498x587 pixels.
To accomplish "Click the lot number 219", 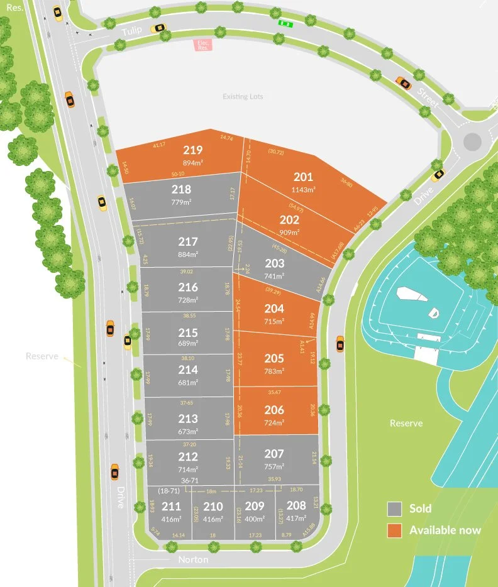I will coord(193,150).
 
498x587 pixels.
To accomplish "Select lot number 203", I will coord(275,263).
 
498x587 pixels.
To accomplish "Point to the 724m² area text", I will coord(274,422).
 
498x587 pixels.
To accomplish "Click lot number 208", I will coord(296,505).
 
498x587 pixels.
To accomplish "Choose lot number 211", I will coord(171,507).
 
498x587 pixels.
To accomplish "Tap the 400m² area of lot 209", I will coord(255,520).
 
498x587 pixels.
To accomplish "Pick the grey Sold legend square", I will coord(394,508).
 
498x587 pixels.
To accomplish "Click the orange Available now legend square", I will coord(394,530).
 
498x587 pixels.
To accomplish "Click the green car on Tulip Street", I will coord(286,24).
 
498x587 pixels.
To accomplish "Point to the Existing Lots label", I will coord(243,97).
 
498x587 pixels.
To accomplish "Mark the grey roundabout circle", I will coord(473,141).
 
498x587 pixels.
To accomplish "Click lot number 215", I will coord(187,332).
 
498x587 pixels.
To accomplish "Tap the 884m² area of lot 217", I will coord(187,255).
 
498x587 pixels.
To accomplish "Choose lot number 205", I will coord(274,358).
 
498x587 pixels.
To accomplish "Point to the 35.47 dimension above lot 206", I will coord(274,392).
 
